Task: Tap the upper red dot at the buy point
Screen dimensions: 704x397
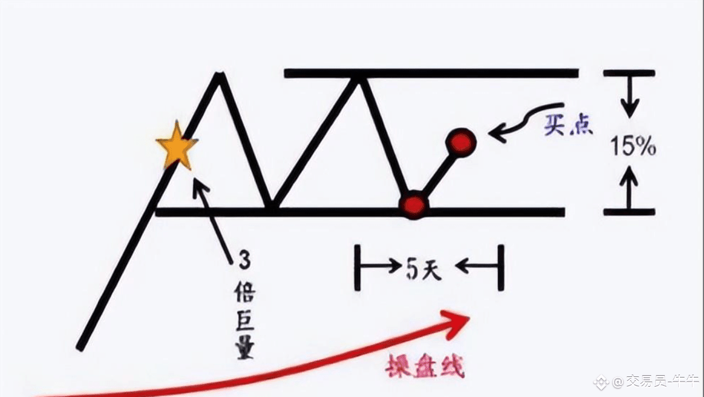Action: tap(461, 143)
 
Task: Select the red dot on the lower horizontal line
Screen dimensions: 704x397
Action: tap(414, 205)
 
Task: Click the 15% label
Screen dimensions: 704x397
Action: tap(633, 146)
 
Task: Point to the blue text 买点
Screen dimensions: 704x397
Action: tap(568, 125)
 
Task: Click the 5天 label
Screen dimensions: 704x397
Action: tap(423, 269)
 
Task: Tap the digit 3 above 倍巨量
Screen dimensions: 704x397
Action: tap(245, 260)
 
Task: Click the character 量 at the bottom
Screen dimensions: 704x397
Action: tap(245, 348)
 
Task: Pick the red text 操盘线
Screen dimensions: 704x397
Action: tap(425, 366)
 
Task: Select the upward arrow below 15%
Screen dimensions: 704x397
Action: tap(629, 187)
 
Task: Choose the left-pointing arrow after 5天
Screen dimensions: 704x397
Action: tap(476, 267)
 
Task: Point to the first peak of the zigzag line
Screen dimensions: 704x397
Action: tap(219, 74)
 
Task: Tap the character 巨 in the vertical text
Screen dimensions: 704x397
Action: tap(245, 321)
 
